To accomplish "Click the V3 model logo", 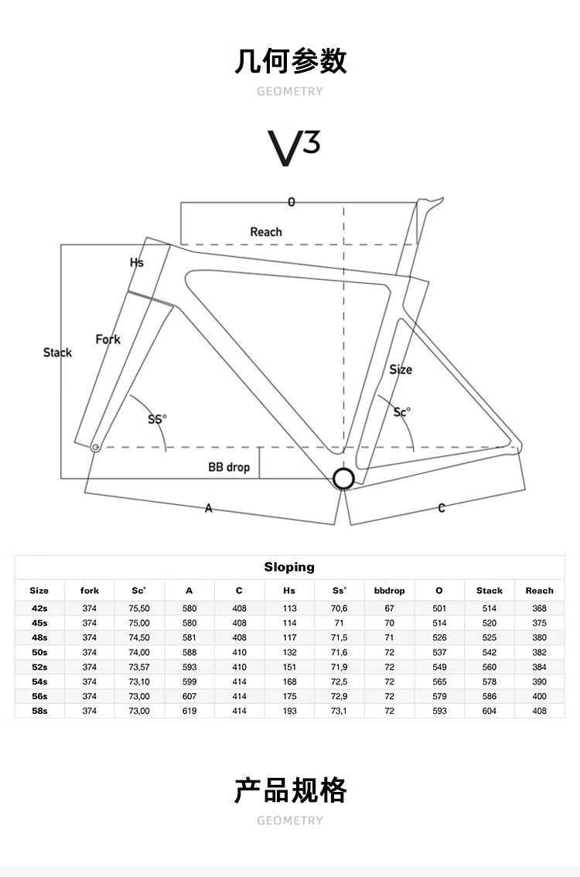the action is pos(293,148).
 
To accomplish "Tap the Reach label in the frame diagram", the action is pos(266,232).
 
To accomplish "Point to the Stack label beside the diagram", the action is pos(57,353).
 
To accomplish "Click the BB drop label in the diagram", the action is pos(229,467).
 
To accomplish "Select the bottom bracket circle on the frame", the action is pos(343,479).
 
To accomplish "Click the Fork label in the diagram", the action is pos(108,340).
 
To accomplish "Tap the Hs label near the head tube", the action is pos(136,262).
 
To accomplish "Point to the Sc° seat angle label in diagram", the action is pos(401,412).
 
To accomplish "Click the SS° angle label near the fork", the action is pos(157,419).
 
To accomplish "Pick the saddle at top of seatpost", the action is pos(432,201).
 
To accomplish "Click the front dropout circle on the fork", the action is pos(95,447).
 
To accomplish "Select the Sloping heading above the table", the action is pos(289,567).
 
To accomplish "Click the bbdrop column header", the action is pos(389,591).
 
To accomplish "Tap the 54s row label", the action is pos(39,681).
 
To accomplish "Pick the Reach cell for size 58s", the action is pos(539,711).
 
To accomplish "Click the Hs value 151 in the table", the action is pos(289,667).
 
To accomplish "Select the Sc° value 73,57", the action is pos(139,667).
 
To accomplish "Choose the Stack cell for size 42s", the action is pos(490,608).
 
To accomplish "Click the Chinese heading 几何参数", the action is pos(290,61).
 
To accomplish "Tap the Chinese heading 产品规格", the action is pos(290,790).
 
